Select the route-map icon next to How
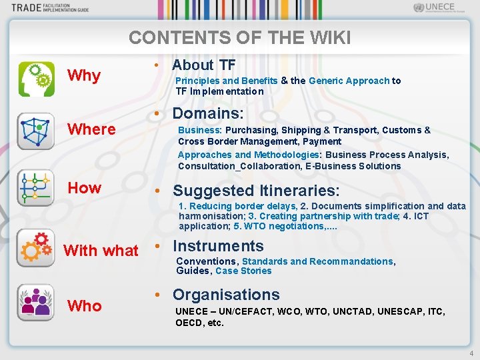tap(36, 188)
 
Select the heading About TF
tap(203, 65)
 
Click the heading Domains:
tap(208, 113)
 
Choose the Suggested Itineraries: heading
tap(256, 191)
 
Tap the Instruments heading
tap(218, 246)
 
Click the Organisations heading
tap(226, 295)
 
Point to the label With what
tap(101, 251)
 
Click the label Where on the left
tap(92, 129)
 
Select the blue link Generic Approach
tap(349, 81)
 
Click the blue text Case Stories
tap(243, 271)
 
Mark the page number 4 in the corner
tap(471, 353)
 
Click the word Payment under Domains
tap(322, 141)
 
